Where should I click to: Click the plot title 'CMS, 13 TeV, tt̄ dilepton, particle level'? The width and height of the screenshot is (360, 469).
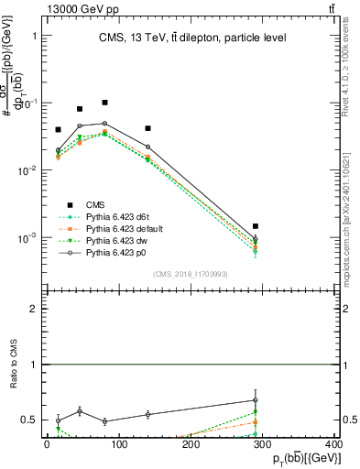pyautogui.click(x=191, y=38)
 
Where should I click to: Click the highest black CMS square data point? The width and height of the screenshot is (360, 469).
pyautogui.click(x=105, y=103)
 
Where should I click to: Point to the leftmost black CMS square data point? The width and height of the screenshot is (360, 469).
pyautogui.click(x=59, y=130)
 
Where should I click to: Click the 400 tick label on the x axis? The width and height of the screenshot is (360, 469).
pyautogui.click(x=333, y=443)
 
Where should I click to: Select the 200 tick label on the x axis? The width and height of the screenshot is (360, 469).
pyautogui.click(x=191, y=443)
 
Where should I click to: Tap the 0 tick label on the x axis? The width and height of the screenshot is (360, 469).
pyautogui.click(x=47, y=443)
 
